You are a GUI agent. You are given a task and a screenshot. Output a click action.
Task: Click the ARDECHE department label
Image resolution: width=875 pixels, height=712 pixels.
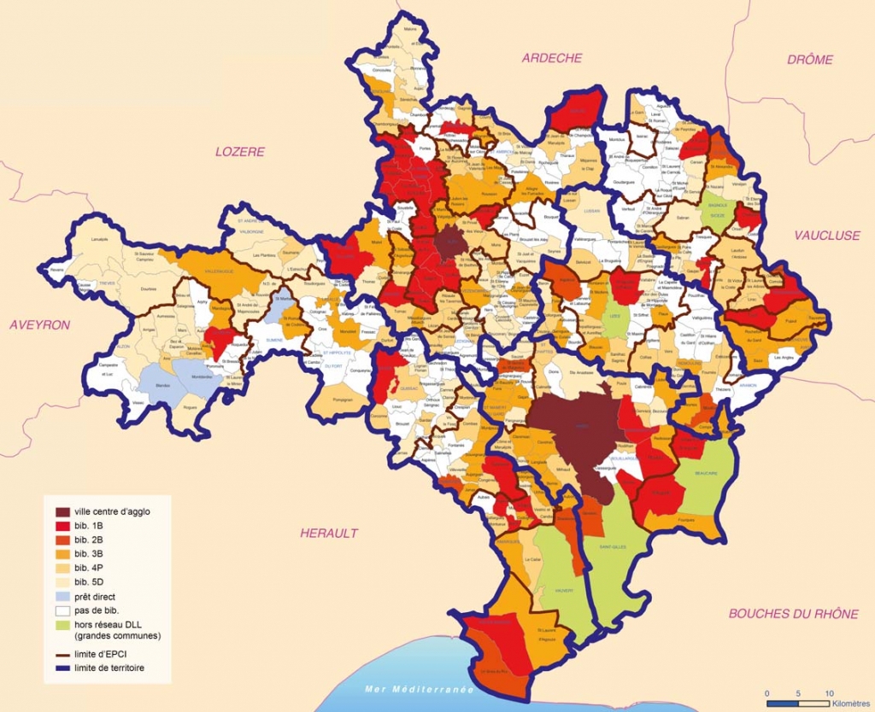click(x=551, y=58)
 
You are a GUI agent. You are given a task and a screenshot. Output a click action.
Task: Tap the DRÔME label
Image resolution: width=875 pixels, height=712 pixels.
click(x=809, y=60)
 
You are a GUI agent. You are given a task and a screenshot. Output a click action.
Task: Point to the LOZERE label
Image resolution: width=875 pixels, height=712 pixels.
click(x=240, y=152)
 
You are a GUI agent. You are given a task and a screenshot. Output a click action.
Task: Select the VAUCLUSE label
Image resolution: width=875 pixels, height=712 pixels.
click(x=826, y=236)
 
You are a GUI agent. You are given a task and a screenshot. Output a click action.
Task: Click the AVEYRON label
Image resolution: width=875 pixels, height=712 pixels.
click(x=39, y=324)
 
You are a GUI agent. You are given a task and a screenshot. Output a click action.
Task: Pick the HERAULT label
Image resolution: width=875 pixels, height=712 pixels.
click(x=329, y=533)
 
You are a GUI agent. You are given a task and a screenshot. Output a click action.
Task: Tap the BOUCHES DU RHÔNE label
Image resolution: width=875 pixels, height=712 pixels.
click(x=793, y=614)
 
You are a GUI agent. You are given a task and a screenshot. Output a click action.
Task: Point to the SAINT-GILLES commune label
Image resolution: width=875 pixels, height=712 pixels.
click(x=614, y=547)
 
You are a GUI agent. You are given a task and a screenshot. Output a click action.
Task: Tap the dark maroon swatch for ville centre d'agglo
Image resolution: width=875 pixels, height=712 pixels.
click(x=63, y=511)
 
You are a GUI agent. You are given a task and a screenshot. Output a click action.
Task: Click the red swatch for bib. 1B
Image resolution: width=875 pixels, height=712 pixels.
click(x=63, y=526)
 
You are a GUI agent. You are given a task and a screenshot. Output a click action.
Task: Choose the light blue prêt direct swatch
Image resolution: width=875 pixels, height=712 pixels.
click(x=63, y=597)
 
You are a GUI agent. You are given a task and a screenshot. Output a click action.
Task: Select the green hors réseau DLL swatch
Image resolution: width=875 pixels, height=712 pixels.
click(x=63, y=625)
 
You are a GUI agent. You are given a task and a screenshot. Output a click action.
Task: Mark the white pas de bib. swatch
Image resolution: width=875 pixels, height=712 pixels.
click(x=63, y=610)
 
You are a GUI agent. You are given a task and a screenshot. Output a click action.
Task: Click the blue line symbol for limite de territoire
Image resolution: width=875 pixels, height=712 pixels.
click(x=63, y=668)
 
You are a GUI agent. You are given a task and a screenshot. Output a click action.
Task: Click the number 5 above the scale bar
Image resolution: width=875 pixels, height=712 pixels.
click(x=798, y=692)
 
